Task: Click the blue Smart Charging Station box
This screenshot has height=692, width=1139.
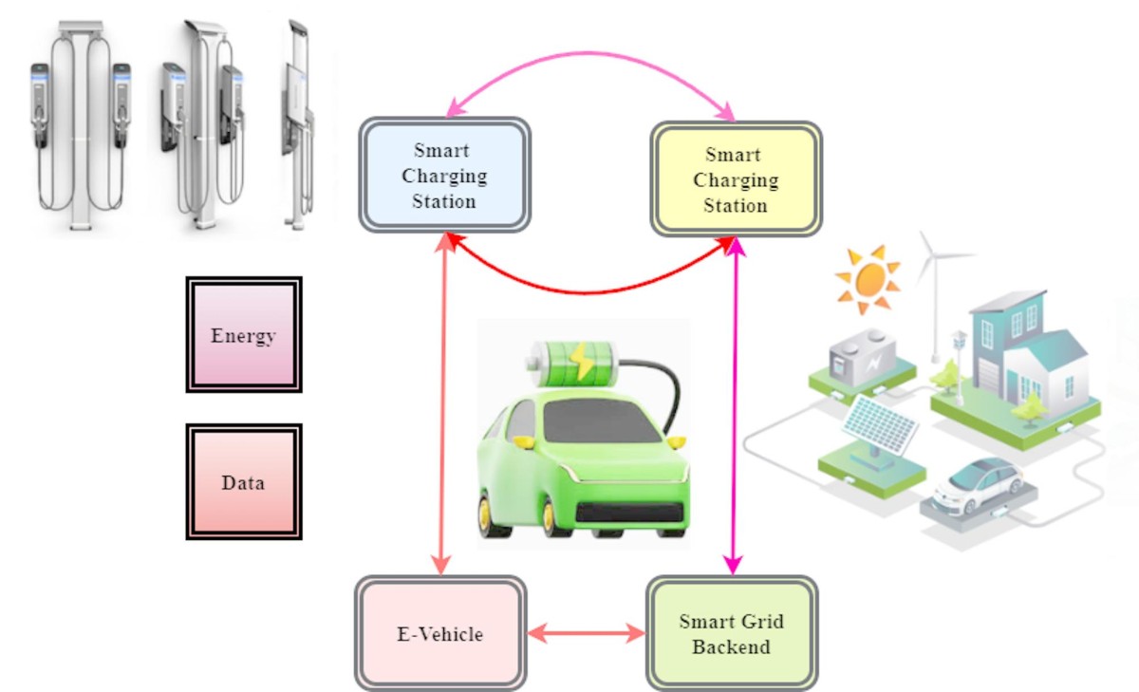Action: pos(444,176)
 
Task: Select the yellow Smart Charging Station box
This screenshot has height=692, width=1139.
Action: pos(735,179)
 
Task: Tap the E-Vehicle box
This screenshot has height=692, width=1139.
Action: pos(439,633)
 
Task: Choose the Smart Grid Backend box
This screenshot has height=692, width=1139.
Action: pos(731,634)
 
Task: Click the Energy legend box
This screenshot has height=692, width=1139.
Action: pos(244,335)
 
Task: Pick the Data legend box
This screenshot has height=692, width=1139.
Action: pos(244,482)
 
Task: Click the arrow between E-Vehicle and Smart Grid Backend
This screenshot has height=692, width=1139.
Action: pos(586,633)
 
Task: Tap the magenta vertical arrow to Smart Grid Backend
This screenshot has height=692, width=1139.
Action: pos(733,408)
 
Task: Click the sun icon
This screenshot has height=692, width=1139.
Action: pos(867,278)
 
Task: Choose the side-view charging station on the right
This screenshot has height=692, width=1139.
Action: pos(299,123)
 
